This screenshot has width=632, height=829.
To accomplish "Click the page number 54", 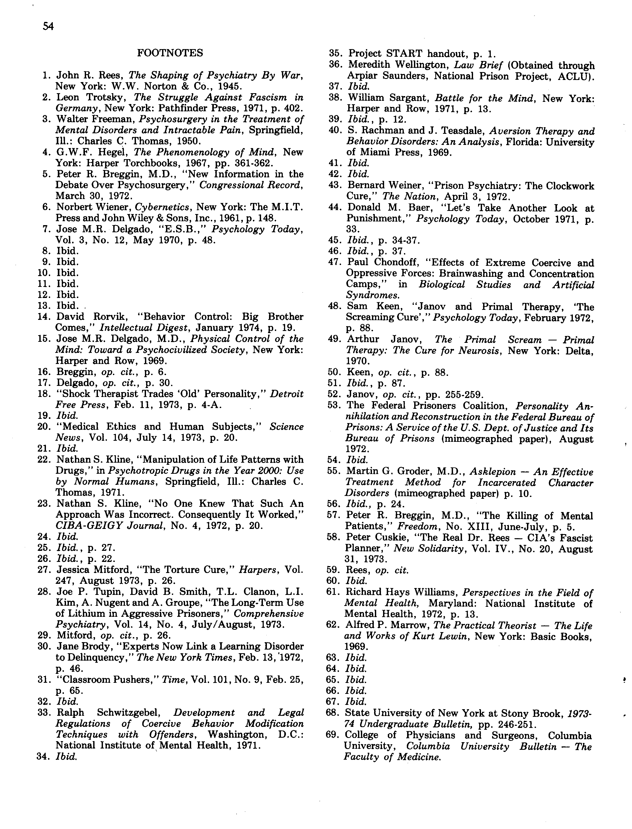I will (48, 26).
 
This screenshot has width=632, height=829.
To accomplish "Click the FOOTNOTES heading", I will (170, 53).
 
